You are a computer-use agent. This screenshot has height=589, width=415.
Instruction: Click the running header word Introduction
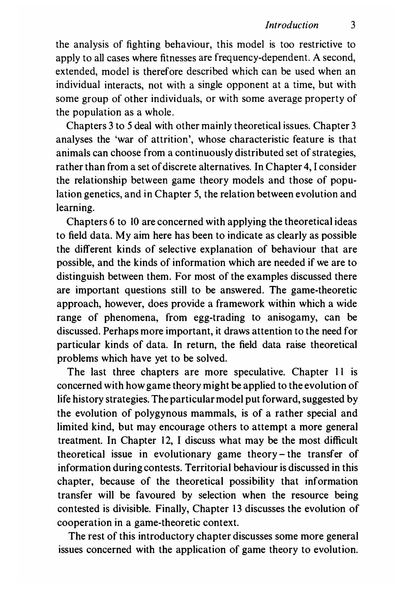coord(292,25)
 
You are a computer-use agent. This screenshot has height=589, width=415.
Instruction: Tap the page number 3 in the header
coord(353,25)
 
